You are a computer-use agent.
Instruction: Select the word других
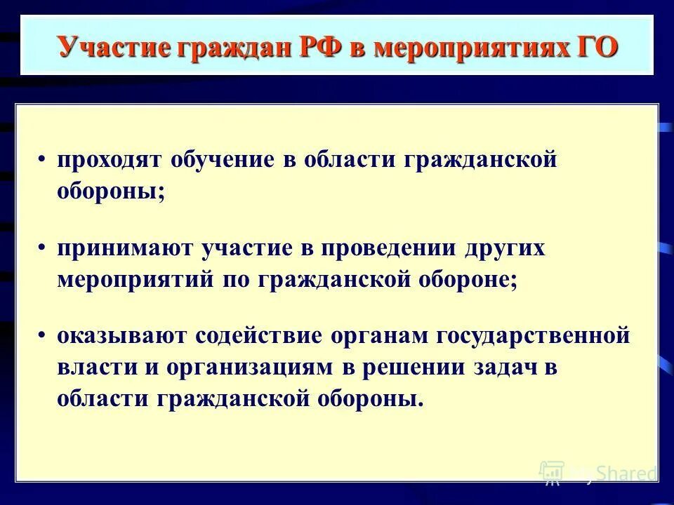point(502,250)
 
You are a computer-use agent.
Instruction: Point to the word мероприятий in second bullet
point(133,280)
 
